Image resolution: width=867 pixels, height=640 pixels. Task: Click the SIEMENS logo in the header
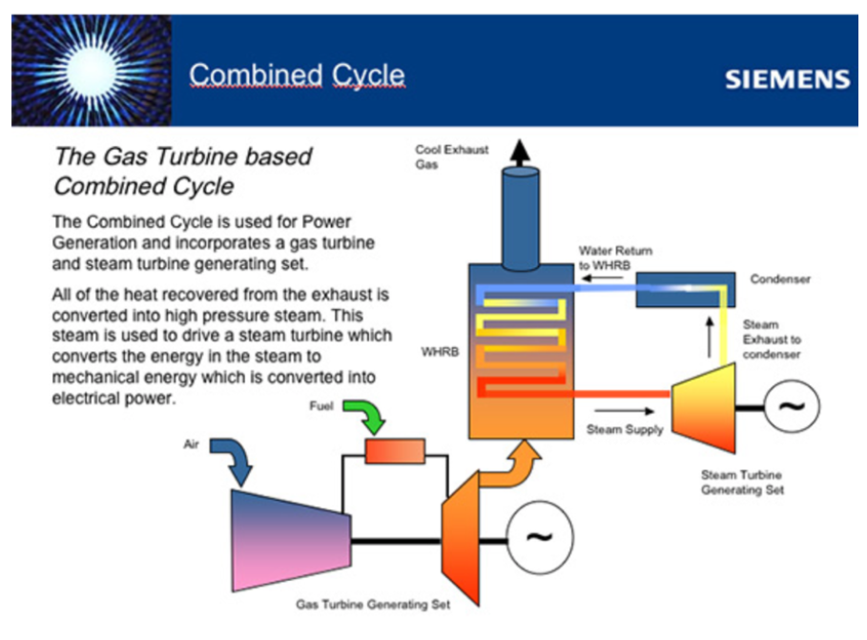click(786, 79)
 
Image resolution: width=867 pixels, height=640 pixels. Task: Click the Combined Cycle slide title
click(296, 75)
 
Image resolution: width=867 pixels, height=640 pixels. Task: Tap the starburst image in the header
click(92, 72)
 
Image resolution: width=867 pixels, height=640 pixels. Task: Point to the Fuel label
click(321, 405)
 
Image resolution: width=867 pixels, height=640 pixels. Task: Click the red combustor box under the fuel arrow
click(394, 451)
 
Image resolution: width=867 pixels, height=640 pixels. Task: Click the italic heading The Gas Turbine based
click(182, 155)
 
